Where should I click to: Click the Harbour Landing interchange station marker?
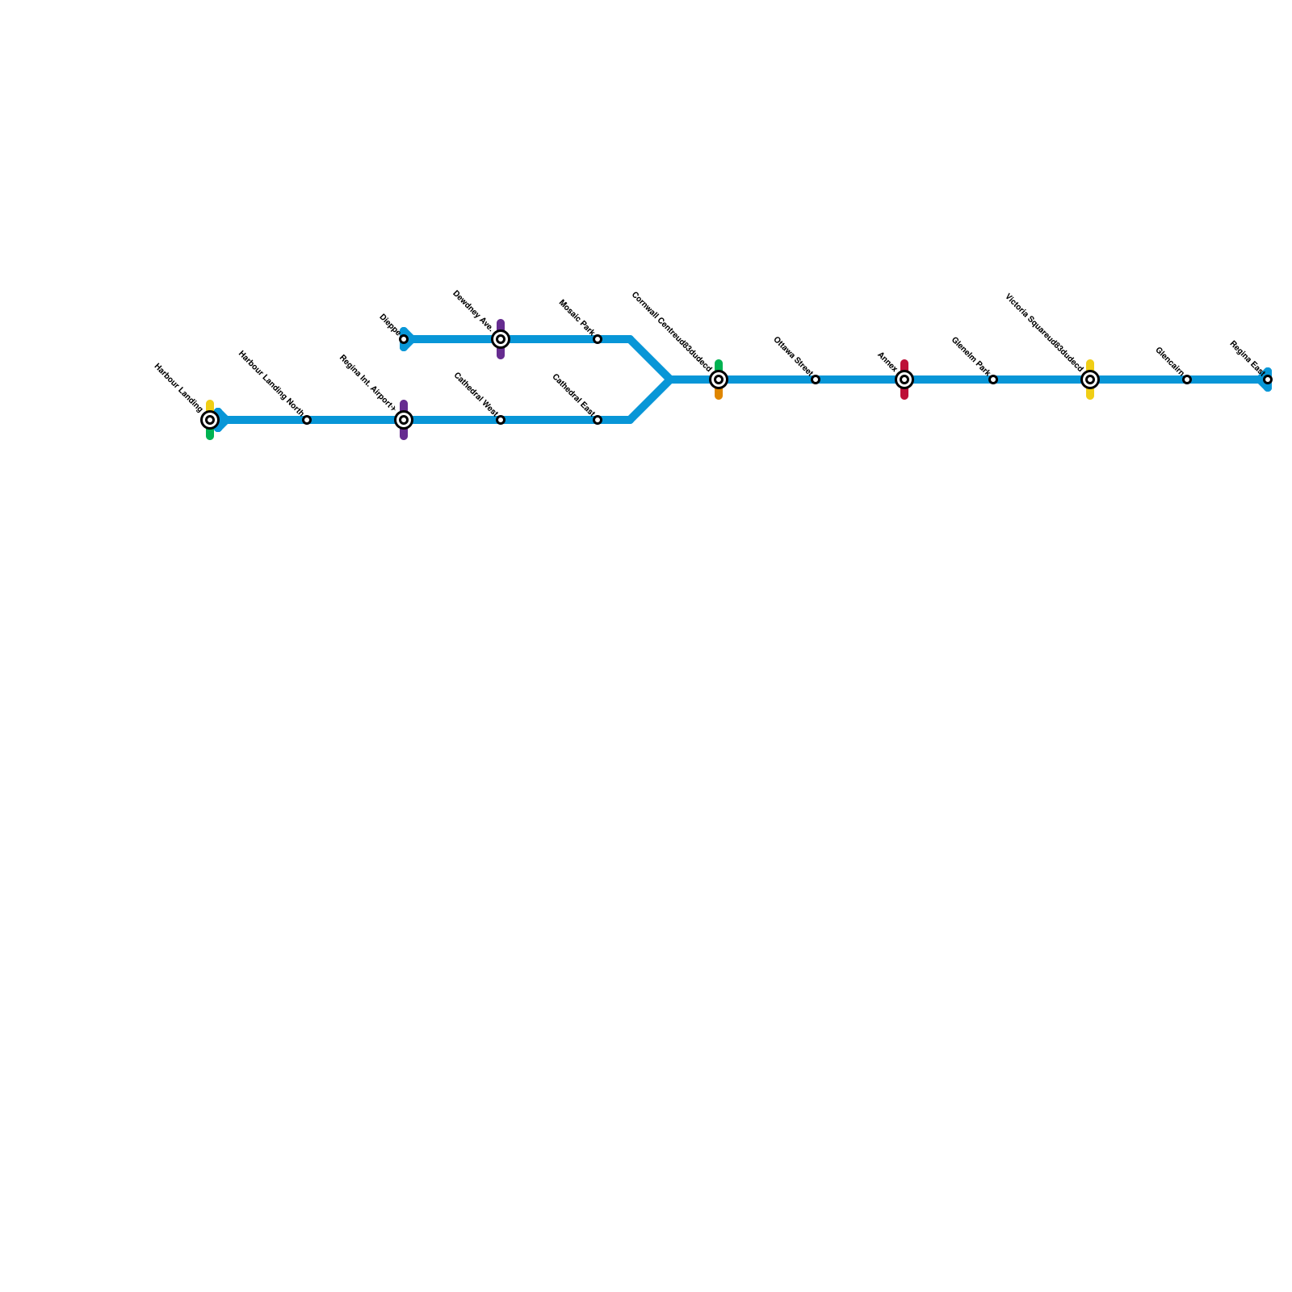point(210,420)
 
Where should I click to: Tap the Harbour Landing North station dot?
point(307,420)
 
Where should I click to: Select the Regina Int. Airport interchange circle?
point(404,420)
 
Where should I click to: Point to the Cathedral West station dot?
point(501,420)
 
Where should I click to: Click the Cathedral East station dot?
point(598,420)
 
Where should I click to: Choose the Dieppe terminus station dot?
point(404,339)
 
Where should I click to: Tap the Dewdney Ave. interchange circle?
point(501,339)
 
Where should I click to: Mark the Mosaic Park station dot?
point(598,339)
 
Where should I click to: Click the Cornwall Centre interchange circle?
point(719,380)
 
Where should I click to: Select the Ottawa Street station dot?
point(816,380)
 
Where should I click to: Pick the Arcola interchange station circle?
point(904,380)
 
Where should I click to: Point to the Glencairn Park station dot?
point(993,380)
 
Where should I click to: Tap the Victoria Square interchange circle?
point(1090,380)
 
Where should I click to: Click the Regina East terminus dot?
point(1268,380)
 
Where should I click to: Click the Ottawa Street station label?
point(792,356)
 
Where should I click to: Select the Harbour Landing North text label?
point(271,384)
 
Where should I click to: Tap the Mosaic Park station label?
point(577,317)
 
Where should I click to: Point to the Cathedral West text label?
point(476,394)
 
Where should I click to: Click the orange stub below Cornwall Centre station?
point(719,395)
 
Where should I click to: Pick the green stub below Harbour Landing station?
point(210,435)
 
